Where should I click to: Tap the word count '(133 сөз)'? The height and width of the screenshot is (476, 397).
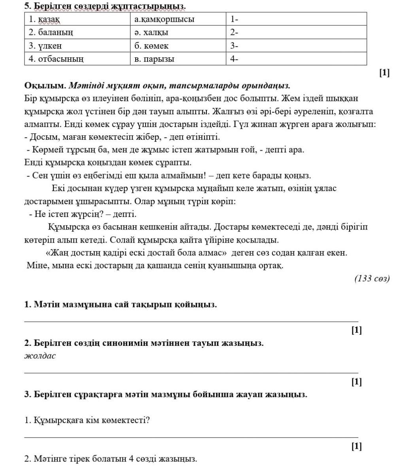(372, 278)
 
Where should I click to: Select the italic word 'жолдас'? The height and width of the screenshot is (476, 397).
(40, 356)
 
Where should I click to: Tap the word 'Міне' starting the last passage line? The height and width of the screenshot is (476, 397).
(37, 265)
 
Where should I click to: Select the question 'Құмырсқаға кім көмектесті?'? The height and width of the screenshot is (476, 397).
(87, 420)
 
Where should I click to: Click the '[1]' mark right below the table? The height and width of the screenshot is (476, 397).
(384, 73)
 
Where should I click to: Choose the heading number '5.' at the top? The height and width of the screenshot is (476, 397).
(28, 6)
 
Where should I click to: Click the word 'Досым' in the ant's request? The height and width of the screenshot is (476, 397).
(40, 137)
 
